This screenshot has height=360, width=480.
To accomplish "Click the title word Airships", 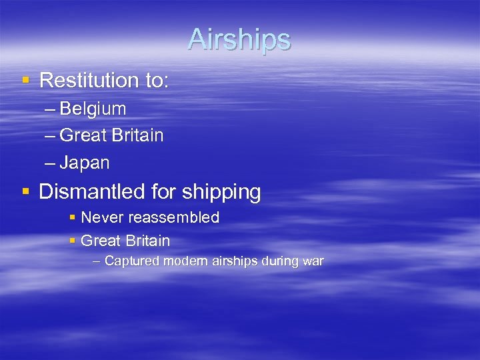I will click(x=239, y=39).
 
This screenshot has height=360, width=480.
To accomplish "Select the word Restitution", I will click(x=89, y=81).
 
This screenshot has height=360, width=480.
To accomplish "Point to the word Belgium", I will click(x=93, y=109).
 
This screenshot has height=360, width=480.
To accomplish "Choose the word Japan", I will click(x=85, y=163).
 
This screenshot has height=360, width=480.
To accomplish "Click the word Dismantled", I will click(x=92, y=192).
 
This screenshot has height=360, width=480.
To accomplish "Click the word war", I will click(x=312, y=261).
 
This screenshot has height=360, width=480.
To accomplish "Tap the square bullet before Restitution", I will click(x=26, y=81).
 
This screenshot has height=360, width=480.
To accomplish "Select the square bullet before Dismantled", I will click(x=26, y=192).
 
